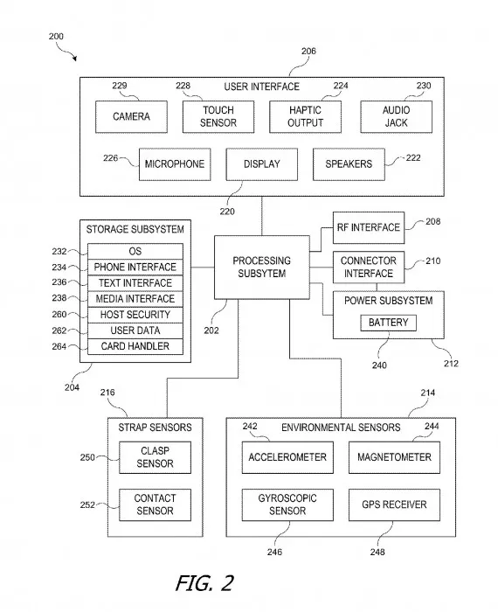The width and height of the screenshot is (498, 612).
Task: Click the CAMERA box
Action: point(131,116)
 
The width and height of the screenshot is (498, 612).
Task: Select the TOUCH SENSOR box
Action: point(218,116)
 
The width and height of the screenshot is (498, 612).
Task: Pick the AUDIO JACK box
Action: point(396,116)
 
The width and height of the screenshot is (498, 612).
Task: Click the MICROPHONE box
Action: point(175,163)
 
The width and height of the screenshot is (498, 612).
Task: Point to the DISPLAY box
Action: point(261,163)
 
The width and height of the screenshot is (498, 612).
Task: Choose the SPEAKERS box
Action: point(348,163)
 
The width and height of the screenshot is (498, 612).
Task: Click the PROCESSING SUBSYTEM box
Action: point(261,267)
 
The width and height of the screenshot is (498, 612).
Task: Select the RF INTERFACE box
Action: point(368,227)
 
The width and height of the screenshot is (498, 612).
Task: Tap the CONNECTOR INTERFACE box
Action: point(368,267)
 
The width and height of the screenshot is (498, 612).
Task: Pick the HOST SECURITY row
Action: point(135,315)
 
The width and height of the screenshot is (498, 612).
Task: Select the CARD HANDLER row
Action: point(135,346)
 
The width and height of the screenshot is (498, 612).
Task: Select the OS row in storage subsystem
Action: point(135,251)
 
